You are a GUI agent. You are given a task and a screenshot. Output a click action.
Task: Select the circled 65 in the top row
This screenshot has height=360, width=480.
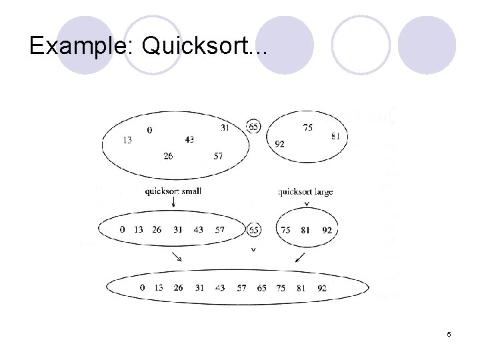(253, 127)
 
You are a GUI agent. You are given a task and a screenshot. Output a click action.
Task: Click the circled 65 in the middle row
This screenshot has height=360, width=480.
(253, 230)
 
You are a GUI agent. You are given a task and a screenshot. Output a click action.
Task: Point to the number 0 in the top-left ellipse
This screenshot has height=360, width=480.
(149, 130)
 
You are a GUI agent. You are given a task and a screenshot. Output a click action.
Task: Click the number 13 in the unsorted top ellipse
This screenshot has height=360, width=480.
(127, 140)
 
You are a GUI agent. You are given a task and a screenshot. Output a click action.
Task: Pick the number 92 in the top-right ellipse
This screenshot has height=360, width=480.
(279, 143)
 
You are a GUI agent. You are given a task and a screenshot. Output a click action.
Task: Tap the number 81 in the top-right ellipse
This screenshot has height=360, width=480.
(335, 136)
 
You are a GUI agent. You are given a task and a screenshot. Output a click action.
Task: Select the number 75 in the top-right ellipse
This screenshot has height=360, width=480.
(307, 127)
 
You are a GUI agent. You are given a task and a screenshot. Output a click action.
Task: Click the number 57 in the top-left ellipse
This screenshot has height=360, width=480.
(218, 156)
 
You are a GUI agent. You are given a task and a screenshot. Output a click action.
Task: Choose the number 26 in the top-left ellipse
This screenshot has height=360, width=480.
(167, 156)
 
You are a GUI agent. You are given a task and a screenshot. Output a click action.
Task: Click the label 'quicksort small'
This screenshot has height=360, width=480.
(173, 191)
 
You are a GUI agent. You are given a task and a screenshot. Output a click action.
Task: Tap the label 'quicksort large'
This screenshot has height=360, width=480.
(305, 192)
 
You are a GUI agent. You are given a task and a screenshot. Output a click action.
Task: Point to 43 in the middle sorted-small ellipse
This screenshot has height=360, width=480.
(199, 230)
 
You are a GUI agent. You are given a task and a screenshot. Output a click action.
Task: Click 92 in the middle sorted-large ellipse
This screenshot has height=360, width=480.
(327, 230)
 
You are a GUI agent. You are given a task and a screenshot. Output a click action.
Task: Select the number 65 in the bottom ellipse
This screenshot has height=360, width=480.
(261, 288)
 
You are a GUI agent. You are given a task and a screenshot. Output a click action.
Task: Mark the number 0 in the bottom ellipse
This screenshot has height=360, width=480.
(143, 288)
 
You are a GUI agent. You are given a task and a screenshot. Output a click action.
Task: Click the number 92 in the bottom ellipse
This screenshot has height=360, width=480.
(322, 288)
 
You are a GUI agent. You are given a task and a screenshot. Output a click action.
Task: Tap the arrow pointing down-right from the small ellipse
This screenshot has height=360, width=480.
(177, 257)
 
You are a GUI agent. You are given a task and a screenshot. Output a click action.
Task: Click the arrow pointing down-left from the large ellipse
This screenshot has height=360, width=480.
(300, 257)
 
